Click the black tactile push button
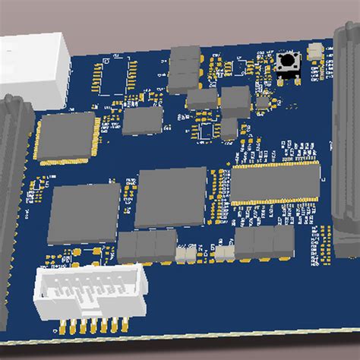[x=289, y=63]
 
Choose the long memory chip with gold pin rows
[x=276, y=183]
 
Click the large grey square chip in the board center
[x=170, y=197]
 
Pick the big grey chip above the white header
[x=84, y=213]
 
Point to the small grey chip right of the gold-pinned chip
[x=142, y=121]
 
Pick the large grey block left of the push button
[x=235, y=99]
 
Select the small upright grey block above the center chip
[x=229, y=128]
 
